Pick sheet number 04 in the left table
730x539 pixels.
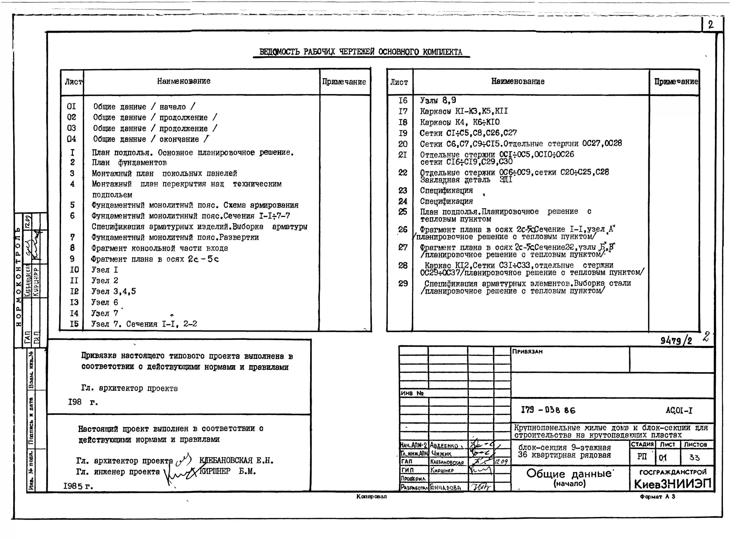tap(71, 139)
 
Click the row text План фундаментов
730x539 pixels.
tap(129, 163)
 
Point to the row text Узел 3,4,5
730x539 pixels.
tap(113, 291)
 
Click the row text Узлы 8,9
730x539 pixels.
tap(438, 100)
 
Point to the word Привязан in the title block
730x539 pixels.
tap(527, 351)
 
